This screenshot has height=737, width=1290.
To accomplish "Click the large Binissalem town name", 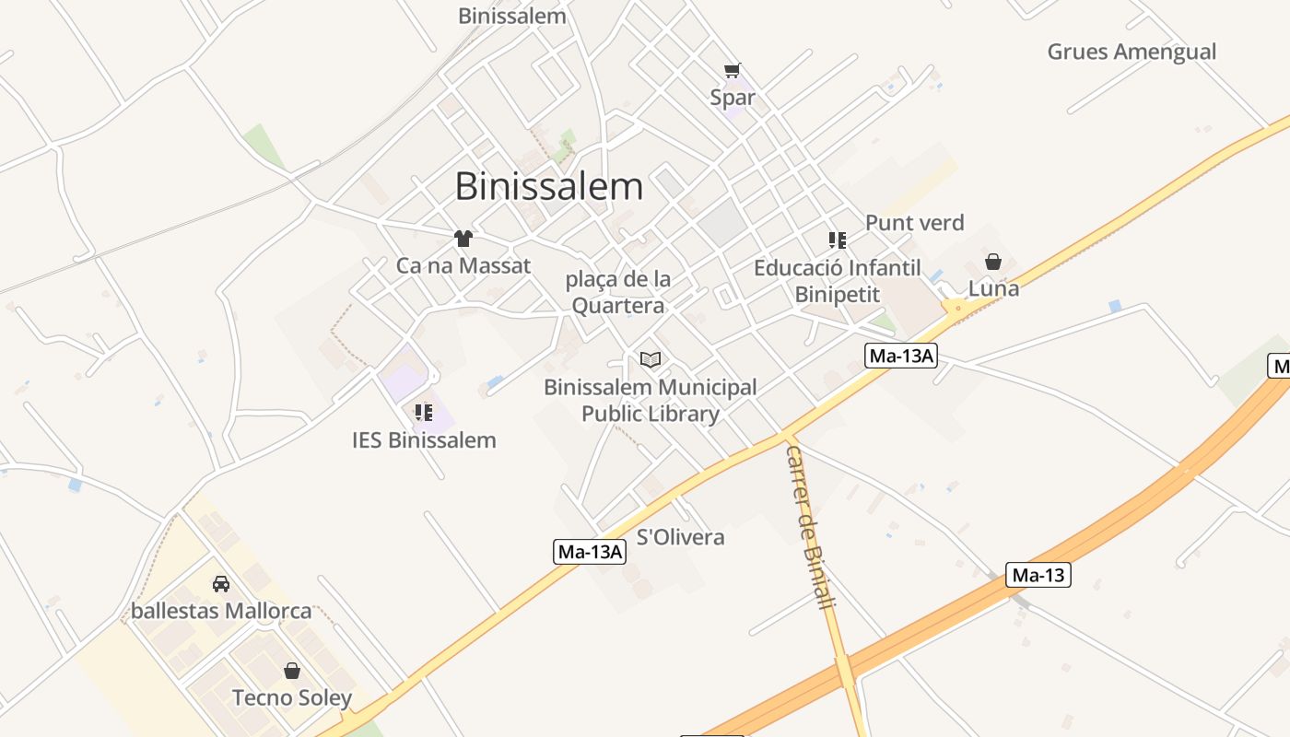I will pos(549,186).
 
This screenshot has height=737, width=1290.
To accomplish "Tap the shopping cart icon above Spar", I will pos(733,70).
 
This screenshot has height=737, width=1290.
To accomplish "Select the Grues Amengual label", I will pos(1132,52).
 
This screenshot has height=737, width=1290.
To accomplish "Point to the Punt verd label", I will pos(914,223).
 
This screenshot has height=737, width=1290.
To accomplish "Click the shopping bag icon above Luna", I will pos(993,262).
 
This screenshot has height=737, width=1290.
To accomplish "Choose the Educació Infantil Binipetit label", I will pos(837,281).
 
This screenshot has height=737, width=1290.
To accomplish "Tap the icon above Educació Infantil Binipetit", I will pos(837,240).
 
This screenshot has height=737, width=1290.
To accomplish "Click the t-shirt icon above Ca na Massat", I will pos(463,239).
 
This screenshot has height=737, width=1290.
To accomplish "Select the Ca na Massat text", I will pos(463,266).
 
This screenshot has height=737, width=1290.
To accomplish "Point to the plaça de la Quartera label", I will pos(617,292).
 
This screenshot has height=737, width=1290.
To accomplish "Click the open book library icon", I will pos(651,359).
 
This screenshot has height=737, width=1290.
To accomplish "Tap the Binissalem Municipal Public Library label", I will pos(651,401).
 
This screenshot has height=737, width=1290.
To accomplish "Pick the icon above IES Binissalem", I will pos(424,412).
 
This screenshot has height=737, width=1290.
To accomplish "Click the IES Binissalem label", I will pos(424,440).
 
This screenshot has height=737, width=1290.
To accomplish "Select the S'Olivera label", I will pos(681,537).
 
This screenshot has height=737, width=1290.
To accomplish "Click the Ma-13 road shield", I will pos(1038,576).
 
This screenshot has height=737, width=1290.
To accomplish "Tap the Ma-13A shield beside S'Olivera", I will pos(591,552).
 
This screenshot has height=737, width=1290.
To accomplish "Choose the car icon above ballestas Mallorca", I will pos(221,583).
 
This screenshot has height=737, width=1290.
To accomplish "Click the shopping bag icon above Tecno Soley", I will pos(292,671).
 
